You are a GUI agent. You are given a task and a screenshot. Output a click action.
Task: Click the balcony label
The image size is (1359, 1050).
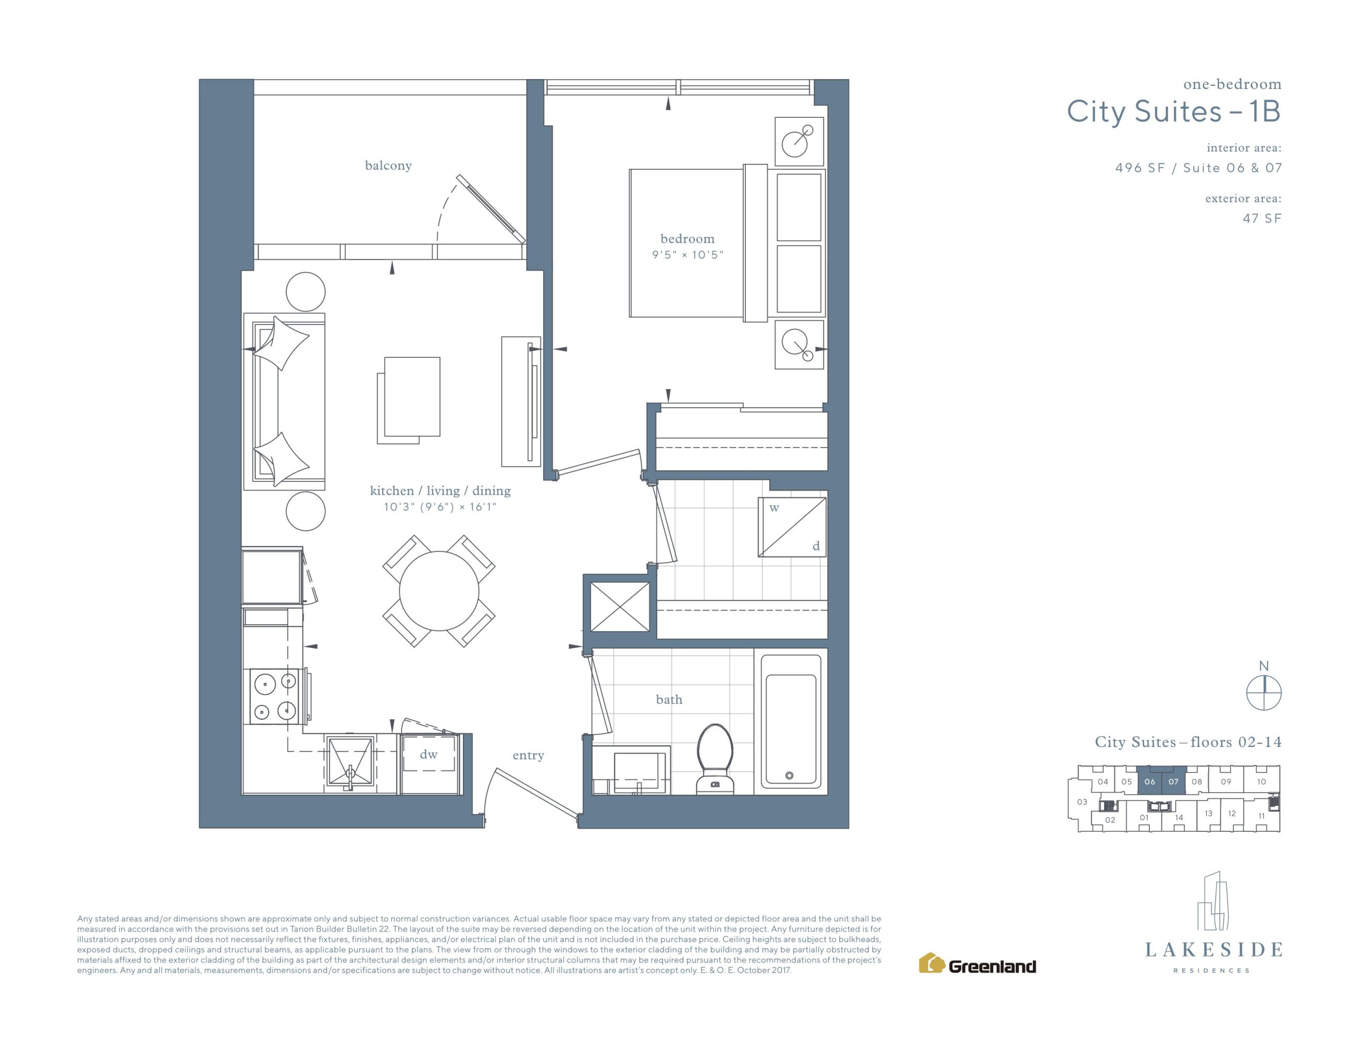(388, 166)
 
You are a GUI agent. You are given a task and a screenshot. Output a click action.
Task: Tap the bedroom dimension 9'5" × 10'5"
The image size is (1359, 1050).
(687, 255)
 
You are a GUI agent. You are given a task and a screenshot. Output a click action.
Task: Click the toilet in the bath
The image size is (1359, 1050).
(715, 759)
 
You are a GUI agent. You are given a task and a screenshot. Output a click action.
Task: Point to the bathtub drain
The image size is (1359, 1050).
(789, 776)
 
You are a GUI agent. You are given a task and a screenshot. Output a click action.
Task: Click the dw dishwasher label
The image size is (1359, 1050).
(429, 754)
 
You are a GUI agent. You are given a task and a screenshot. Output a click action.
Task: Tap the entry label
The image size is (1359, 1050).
(528, 755)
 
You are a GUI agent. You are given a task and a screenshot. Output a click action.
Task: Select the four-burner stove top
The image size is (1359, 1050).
(274, 696)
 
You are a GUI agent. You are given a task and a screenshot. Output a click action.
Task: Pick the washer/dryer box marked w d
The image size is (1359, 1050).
(792, 527)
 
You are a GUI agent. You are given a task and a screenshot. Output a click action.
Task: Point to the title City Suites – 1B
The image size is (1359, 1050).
(1174, 111)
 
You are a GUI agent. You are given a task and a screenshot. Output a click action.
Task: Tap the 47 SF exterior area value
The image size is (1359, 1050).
(1262, 219)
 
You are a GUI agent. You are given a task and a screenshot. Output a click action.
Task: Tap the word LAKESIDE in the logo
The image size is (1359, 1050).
(1214, 950)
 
